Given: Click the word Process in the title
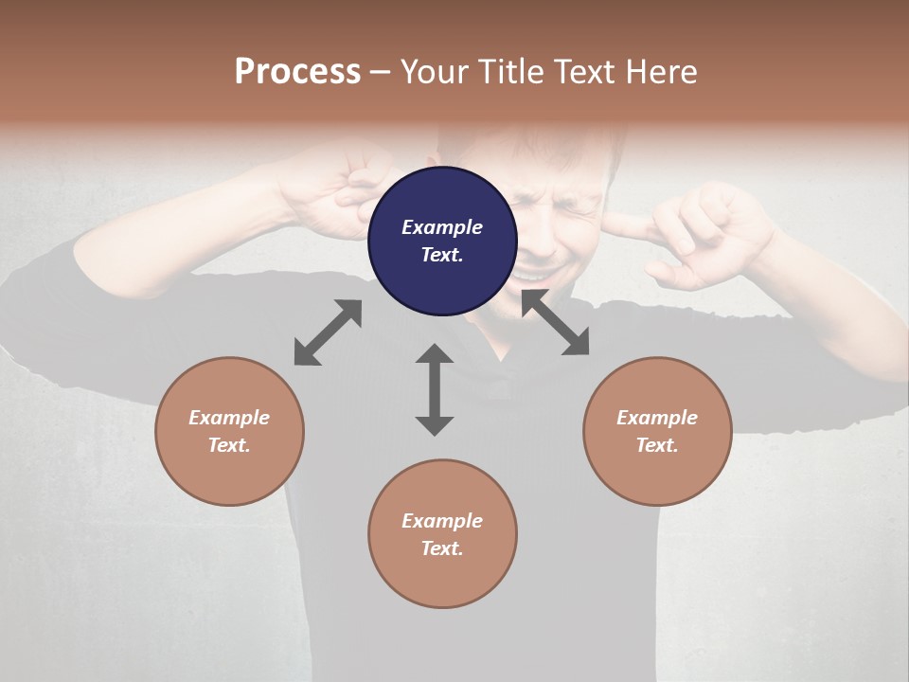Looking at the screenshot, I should (x=297, y=72).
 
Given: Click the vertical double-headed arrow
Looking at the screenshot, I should (x=435, y=389).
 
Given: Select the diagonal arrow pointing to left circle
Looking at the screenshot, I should (x=328, y=332).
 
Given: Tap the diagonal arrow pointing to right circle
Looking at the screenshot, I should (x=555, y=323).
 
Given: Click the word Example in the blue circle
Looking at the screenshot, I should (x=442, y=227).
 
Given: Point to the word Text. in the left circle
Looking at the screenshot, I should (x=229, y=445).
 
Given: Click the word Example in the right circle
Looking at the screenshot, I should (x=657, y=418).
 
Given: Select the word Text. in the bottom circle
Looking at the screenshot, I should (x=442, y=548).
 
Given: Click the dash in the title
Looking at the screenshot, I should (x=380, y=72).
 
